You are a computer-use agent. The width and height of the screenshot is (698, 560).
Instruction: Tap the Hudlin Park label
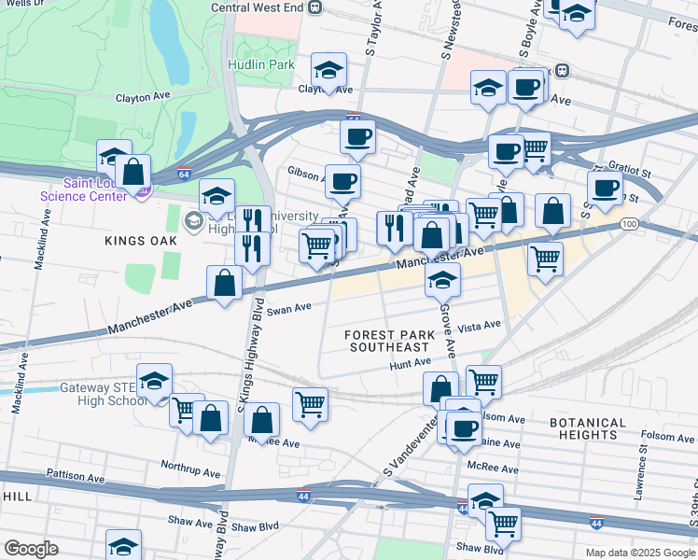[x=260, y=65]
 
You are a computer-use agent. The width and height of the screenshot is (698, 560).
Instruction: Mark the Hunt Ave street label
[x=410, y=362]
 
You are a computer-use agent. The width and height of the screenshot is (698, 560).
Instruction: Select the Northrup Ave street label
[x=190, y=464]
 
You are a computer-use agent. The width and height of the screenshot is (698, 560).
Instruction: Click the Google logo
[x=31, y=549]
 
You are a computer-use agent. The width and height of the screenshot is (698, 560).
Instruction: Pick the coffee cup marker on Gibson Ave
[x=342, y=180]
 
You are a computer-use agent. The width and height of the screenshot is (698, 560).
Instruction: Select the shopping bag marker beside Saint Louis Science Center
[x=133, y=172]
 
